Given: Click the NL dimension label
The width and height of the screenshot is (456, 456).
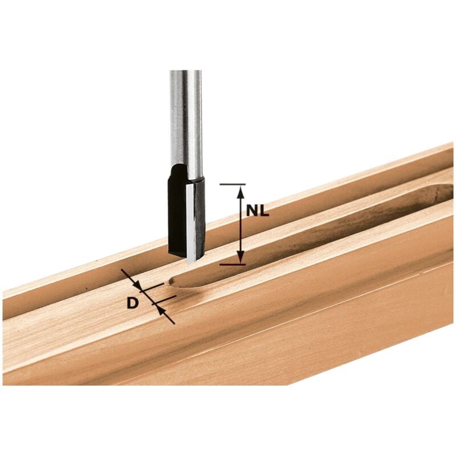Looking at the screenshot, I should point(258,210).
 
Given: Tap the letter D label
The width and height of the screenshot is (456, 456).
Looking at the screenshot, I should point(132,303).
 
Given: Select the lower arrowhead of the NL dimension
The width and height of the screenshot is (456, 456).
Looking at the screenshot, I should point(241,258).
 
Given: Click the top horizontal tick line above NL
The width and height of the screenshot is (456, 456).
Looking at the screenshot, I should point(232,184).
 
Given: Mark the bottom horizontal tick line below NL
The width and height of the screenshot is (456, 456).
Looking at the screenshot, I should point(232,264).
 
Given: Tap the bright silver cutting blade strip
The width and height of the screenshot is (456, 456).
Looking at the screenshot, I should point(190,222).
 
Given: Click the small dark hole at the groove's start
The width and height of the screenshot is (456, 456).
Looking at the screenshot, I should point(171,281).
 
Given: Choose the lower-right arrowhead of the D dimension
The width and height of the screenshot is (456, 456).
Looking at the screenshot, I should point(161,310).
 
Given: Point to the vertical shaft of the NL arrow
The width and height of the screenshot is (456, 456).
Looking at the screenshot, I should point(241,225).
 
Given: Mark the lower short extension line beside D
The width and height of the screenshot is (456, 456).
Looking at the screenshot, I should point(166,300).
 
